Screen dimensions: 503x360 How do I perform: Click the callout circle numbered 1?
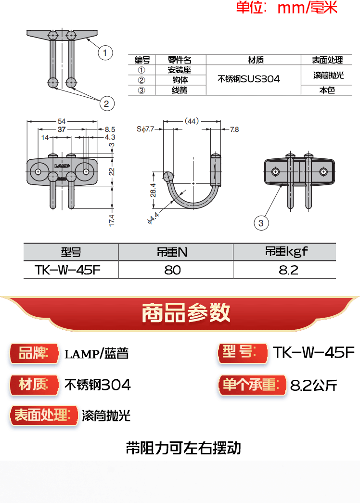tap(105, 52)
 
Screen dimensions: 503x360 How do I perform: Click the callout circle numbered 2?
tap(106, 103)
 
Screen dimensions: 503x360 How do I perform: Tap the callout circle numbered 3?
tap(261, 222)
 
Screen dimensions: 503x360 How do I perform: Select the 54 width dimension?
tap(62, 121)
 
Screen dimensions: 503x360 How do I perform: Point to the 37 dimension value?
tap(62, 129)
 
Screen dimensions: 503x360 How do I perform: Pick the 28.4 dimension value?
tap(153, 190)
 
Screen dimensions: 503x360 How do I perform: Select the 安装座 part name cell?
tap(180, 70)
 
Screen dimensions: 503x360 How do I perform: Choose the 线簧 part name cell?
tap(180, 90)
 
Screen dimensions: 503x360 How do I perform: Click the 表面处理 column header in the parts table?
tap(327, 60)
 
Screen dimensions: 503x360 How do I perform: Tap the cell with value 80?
tap(172, 270)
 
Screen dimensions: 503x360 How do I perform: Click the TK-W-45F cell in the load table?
tap(68, 270)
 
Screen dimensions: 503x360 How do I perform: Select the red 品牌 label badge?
tap(34, 354)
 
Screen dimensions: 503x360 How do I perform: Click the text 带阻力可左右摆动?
tap(183, 448)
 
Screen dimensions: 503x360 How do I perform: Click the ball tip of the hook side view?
tap(168, 176)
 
